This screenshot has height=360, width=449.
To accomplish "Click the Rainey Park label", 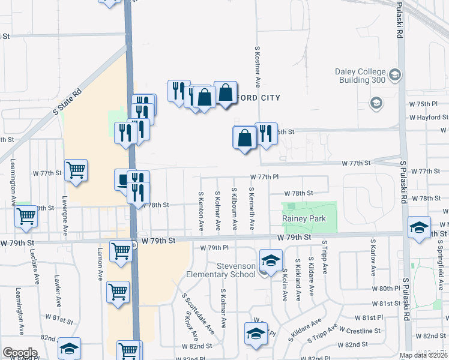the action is [304, 219].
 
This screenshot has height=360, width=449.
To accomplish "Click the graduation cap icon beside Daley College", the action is [395, 75].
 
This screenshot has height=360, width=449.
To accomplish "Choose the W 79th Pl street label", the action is [214, 247].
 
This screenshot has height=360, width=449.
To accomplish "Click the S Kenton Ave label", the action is [200, 209].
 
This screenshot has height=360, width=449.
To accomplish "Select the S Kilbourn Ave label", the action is [234, 209].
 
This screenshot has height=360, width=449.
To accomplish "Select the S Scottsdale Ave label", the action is [197, 313].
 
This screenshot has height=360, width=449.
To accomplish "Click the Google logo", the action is [19, 353].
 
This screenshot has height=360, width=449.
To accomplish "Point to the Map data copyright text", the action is [424, 355].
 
